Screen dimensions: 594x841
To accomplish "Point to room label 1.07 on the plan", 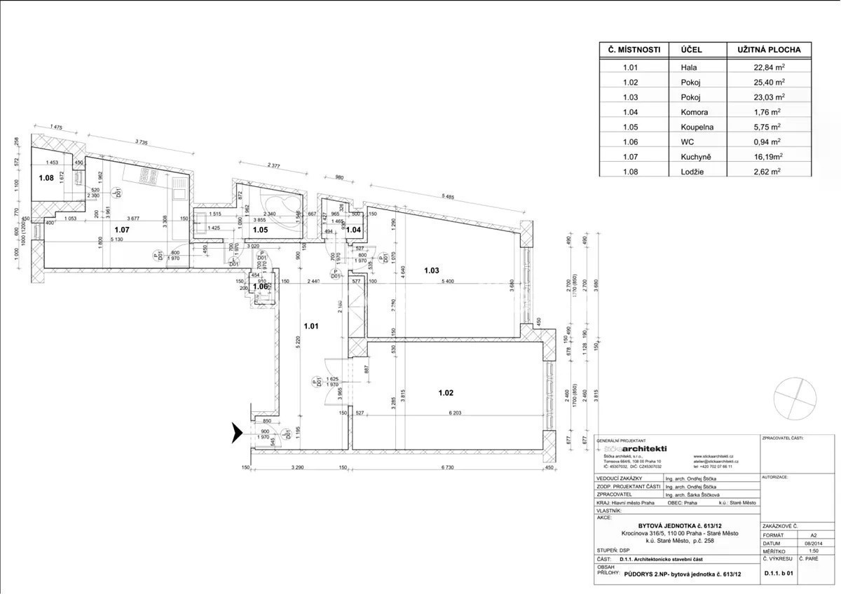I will tap(122, 229).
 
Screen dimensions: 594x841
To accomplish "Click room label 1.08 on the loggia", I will tap(46, 178).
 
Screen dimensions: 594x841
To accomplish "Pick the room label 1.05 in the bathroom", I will tap(261, 229).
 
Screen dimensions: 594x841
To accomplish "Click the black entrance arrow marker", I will tap(237, 434).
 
